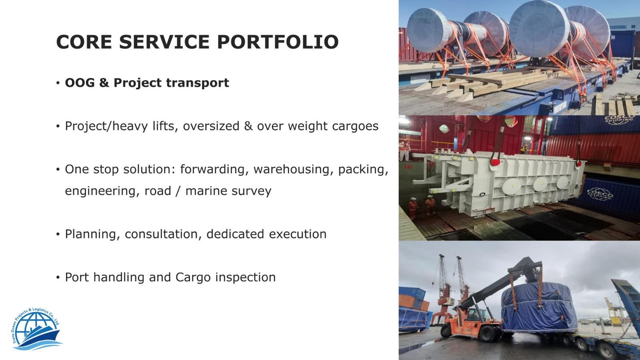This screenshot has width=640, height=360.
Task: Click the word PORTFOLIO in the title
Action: pos(278,42)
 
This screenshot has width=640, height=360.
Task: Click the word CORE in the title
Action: pos(84,42)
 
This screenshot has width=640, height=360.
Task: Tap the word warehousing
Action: pos(293,170)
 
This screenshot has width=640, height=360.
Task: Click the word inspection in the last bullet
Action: pos(246,278)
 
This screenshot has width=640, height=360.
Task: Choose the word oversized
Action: pos(211,126)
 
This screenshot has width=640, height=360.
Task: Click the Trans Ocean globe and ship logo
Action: pos(36,329)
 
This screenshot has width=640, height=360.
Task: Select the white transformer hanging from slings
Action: pos(497,182)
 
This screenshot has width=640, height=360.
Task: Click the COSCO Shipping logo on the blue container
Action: pos(600,194)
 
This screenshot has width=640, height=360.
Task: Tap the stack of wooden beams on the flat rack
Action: pos(486,83)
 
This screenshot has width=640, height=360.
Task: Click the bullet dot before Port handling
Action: pos(58,278)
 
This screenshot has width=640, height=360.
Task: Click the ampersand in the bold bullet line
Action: pos(104,82)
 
